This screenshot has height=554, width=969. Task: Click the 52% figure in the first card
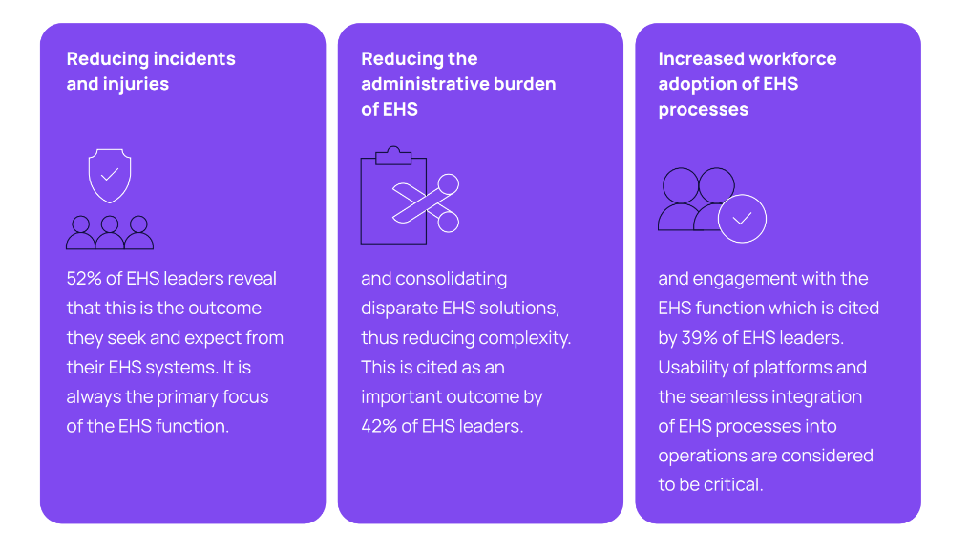click(x=83, y=279)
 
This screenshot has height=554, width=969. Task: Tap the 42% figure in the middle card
click(x=379, y=426)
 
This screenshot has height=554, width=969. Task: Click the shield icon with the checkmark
click(x=110, y=175)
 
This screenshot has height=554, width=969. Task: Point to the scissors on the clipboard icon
click(x=428, y=202)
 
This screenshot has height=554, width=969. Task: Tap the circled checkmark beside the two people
click(x=742, y=219)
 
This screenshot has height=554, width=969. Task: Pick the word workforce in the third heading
click(x=792, y=59)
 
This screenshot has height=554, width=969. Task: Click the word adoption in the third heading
click(x=695, y=84)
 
